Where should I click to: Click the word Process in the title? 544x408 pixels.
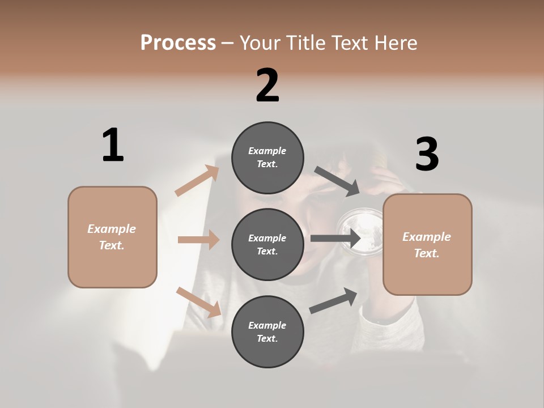click(178, 43)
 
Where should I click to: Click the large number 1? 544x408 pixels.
click(113, 145)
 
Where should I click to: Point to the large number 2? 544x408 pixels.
click(267, 86)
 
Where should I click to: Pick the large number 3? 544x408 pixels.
click(427, 154)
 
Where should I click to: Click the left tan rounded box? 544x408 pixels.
click(112, 237)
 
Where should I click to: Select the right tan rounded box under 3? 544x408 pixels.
click(427, 245)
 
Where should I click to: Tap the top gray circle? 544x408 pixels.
click(267, 158)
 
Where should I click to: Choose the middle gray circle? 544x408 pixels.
click(267, 244)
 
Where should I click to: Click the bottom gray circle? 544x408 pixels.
click(267, 331)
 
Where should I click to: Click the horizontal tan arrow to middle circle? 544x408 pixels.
click(198, 240)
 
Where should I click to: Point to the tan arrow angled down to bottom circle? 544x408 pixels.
click(198, 302)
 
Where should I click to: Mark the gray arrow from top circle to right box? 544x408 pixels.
click(337, 181)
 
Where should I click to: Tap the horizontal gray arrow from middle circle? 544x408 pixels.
click(335, 239)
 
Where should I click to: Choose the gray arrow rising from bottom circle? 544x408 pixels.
click(333, 301)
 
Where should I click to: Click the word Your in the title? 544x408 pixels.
click(261, 43)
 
